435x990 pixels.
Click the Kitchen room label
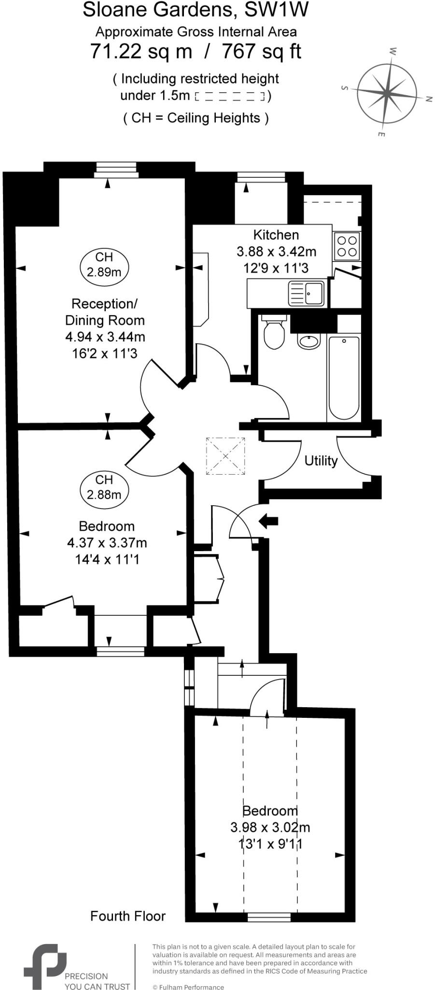276,235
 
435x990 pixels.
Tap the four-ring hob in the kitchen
347,246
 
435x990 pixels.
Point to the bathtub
344,377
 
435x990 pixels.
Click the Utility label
321,461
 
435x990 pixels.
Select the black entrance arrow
269,521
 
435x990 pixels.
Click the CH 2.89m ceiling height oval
104,264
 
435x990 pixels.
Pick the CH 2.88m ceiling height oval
104,487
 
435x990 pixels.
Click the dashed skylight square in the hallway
225,456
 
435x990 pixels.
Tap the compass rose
387,92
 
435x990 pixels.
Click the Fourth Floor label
128,916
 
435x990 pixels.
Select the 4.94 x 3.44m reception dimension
105,337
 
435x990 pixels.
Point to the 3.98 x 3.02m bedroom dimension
270,827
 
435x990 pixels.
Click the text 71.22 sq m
141,51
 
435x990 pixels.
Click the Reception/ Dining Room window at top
116,170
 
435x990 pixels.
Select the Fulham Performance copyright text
188,987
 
